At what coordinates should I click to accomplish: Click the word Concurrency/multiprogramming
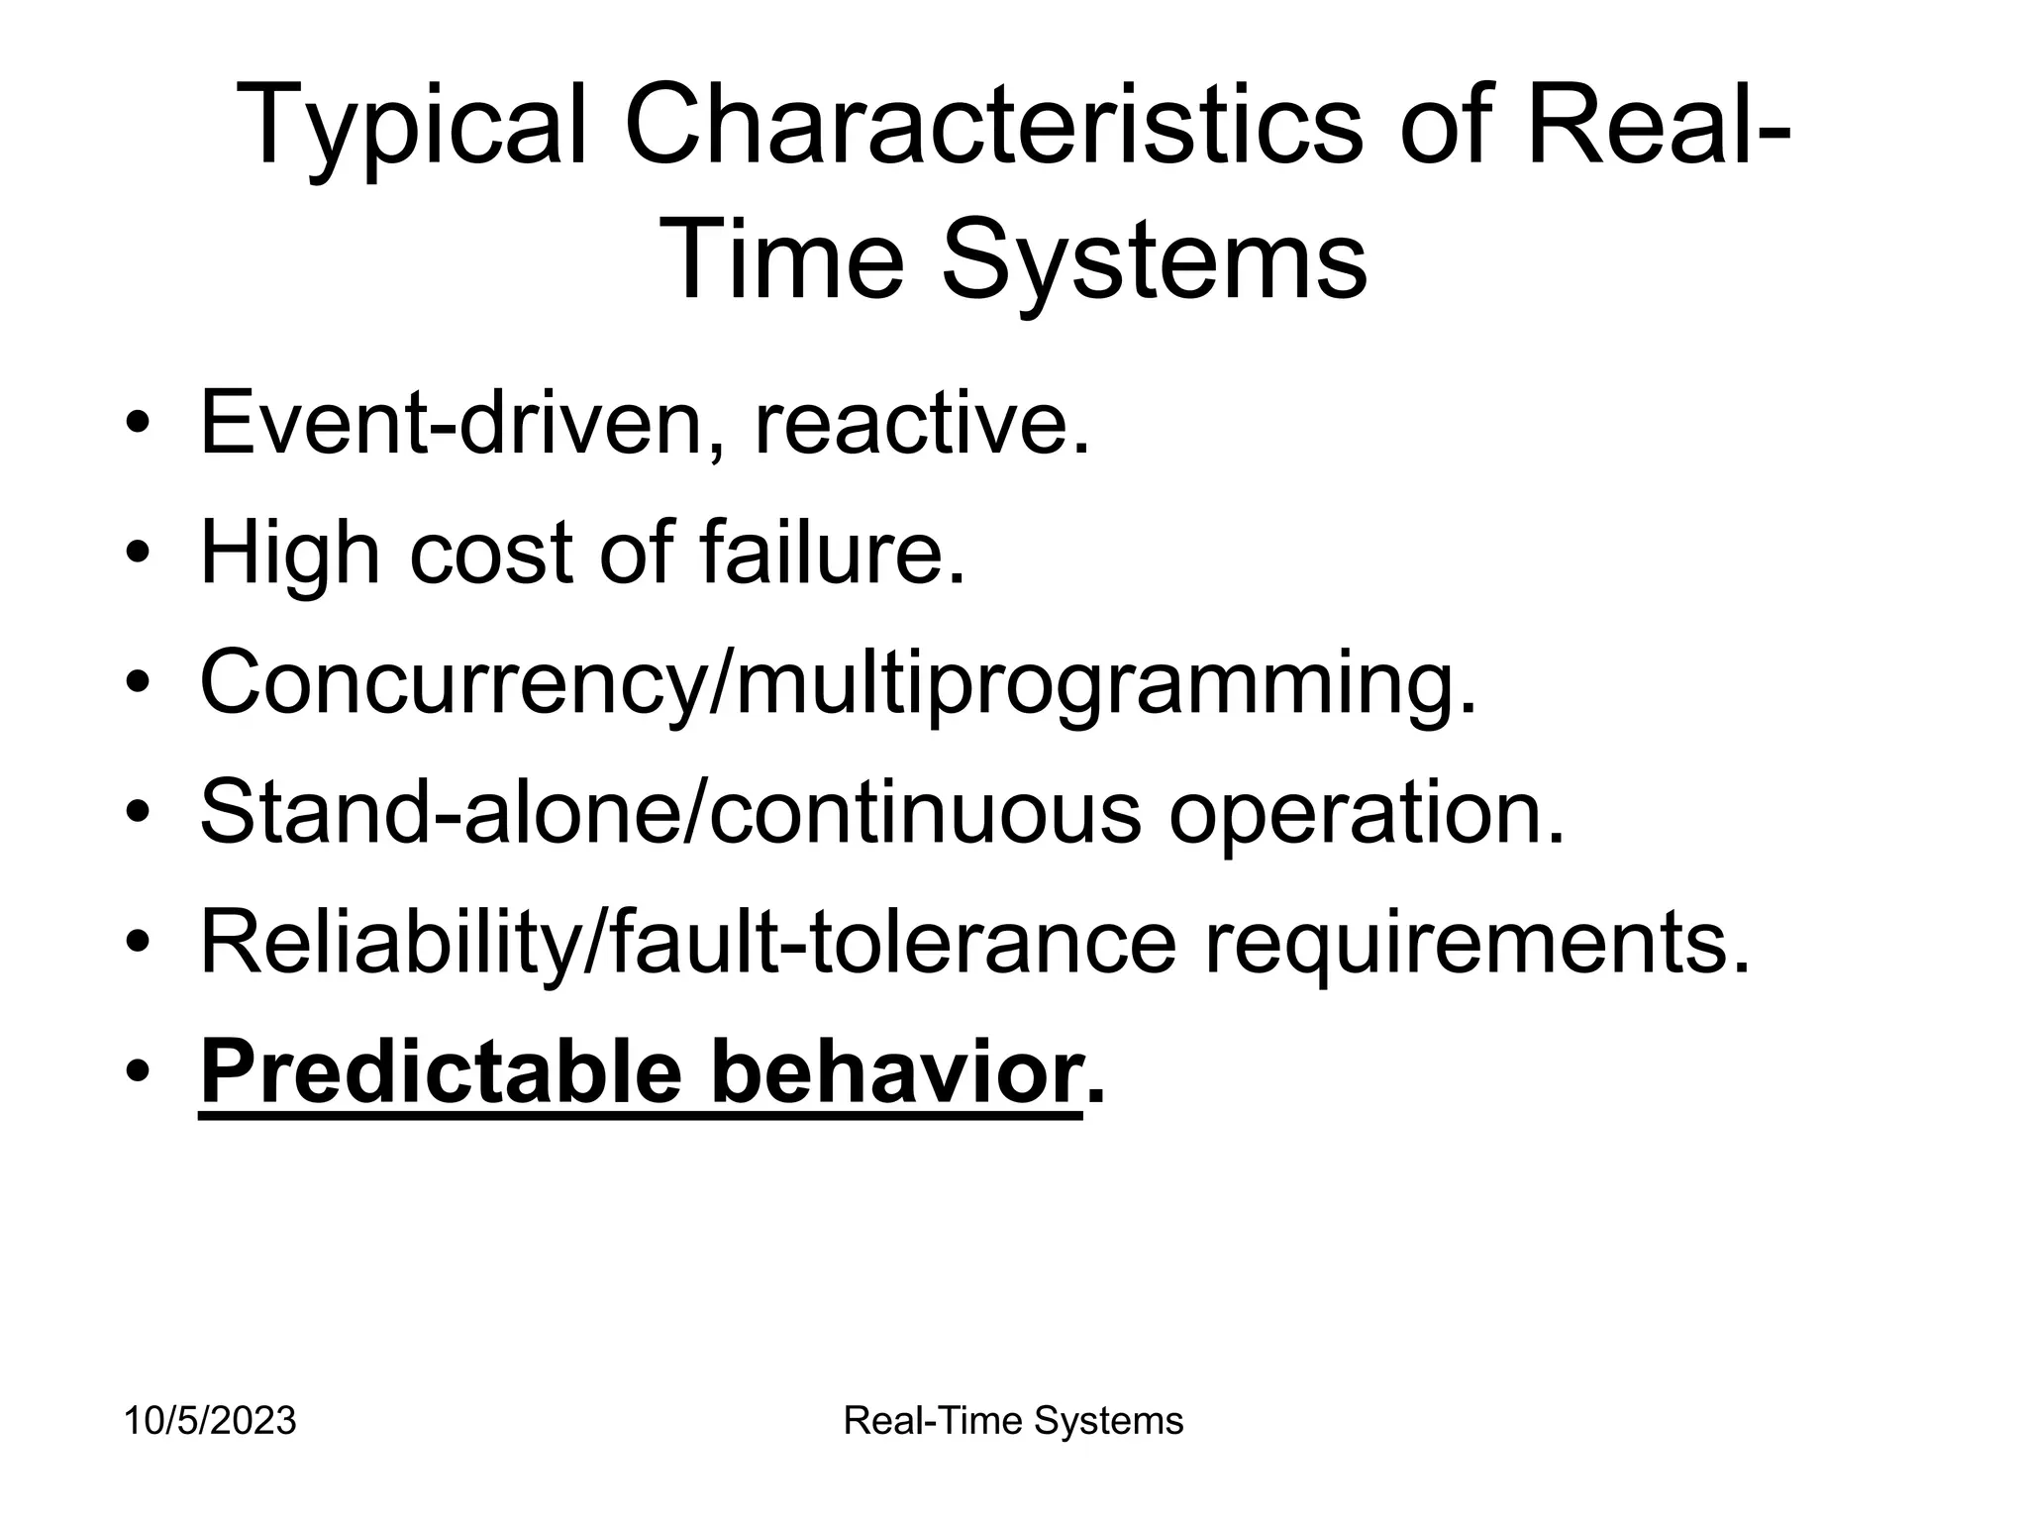[x=838, y=685]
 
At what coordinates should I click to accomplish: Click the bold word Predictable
[x=441, y=1073]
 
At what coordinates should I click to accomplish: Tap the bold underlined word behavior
[x=897, y=1073]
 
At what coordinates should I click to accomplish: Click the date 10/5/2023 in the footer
[x=209, y=1422]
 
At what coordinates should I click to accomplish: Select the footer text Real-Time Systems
[x=1013, y=1422]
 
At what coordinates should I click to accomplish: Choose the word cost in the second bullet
[x=491, y=555]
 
